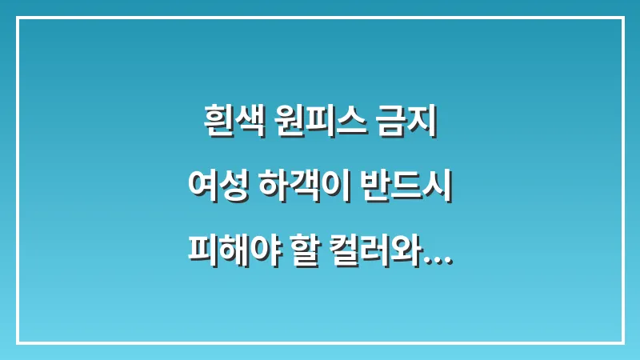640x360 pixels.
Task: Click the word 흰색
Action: click(x=226, y=125)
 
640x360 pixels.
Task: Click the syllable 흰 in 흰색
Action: click(x=212, y=125)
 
